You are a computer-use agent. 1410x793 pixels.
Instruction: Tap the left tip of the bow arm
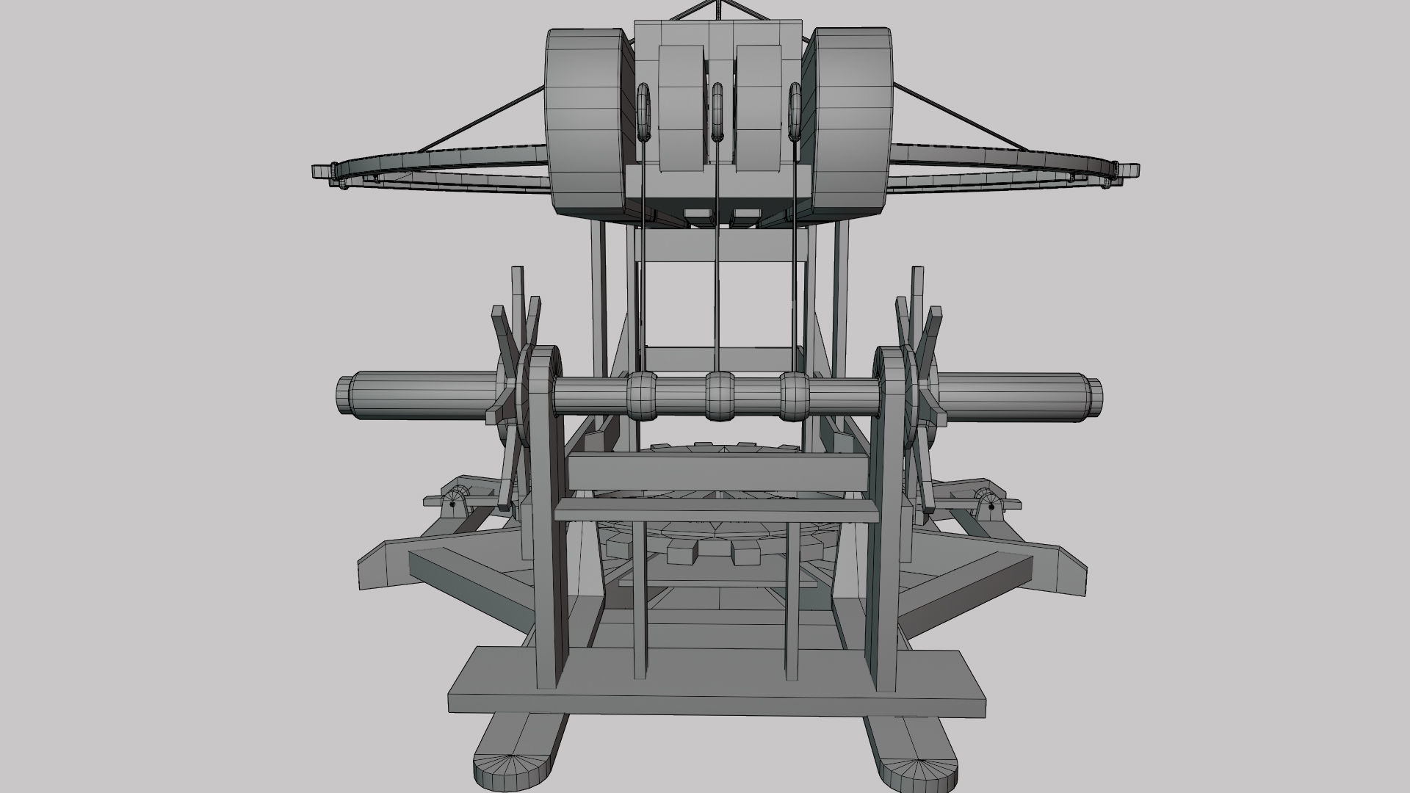click(x=320, y=171)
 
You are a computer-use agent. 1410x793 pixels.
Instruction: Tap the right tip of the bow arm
click(x=1132, y=171)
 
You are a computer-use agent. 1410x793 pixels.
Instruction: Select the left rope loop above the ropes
click(x=644, y=112)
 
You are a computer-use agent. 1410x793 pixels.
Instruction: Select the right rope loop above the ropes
click(x=795, y=112)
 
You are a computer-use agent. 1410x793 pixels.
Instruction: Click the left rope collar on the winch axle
click(x=643, y=397)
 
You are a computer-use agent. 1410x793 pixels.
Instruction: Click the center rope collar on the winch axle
click(x=720, y=397)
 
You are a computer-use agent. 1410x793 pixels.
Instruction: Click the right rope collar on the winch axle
click(x=795, y=397)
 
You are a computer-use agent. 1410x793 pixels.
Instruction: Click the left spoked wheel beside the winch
click(x=514, y=396)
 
